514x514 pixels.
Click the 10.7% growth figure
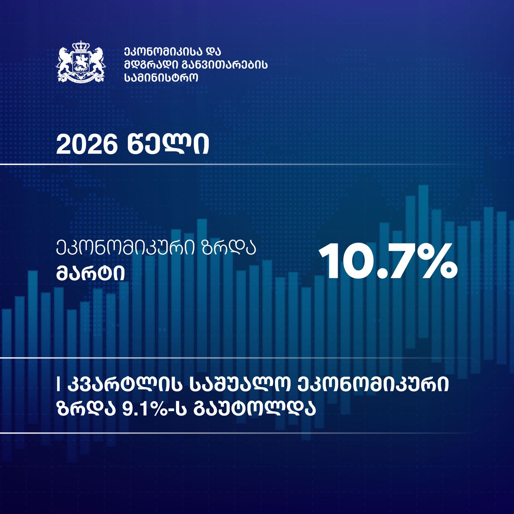pos(388,261)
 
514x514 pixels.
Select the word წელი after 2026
pos(168,145)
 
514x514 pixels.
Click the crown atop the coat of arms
pos(81,46)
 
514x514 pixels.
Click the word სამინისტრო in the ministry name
pos(161,78)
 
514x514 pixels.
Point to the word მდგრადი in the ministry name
pos(148,65)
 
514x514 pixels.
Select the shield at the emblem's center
pos(81,62)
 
